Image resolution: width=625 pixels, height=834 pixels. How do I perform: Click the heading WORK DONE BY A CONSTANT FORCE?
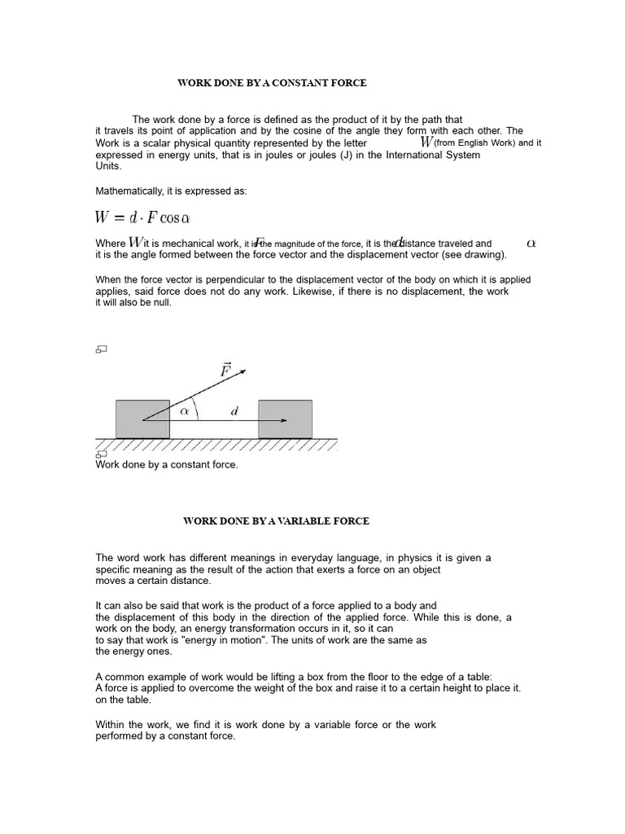[273, 83]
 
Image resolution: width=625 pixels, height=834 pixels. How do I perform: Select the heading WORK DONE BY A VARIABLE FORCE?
[276, 520]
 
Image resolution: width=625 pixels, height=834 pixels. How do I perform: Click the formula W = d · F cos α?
[143, 217]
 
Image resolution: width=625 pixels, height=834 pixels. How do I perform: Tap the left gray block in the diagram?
[142, 419]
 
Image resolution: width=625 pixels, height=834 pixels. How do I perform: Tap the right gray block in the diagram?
[285, 419]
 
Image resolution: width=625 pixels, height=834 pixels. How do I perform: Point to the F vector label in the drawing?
[225, 371]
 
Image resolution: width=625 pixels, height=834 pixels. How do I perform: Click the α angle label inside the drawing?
[185, 412]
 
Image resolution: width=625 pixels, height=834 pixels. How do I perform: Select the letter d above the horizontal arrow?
[234, 412]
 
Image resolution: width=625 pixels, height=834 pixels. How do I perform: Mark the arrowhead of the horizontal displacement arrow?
[283, 420]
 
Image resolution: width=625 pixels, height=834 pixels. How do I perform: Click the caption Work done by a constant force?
[167, 464]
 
